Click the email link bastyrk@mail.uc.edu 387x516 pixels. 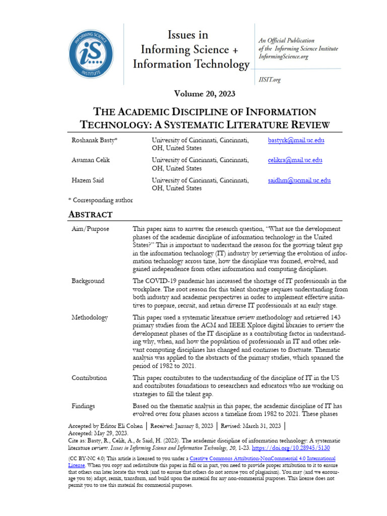pos(296,140)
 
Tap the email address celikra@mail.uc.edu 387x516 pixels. pos(294,160)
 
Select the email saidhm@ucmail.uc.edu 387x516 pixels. pos(299,180)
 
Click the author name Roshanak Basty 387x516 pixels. pos(94,140)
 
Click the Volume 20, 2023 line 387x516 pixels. pos(205,94)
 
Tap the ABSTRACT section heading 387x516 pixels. pos(90,215)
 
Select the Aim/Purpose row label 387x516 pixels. pos(90,229)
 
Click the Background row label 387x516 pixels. pos(88,281)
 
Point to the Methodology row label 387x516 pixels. pos(90,317)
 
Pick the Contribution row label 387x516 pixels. pos(89,377)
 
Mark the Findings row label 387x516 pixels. pos(83,406)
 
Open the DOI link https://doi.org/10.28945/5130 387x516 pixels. pos(292,448)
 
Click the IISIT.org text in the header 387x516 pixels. pos(269,79)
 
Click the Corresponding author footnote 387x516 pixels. pos(100,200)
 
